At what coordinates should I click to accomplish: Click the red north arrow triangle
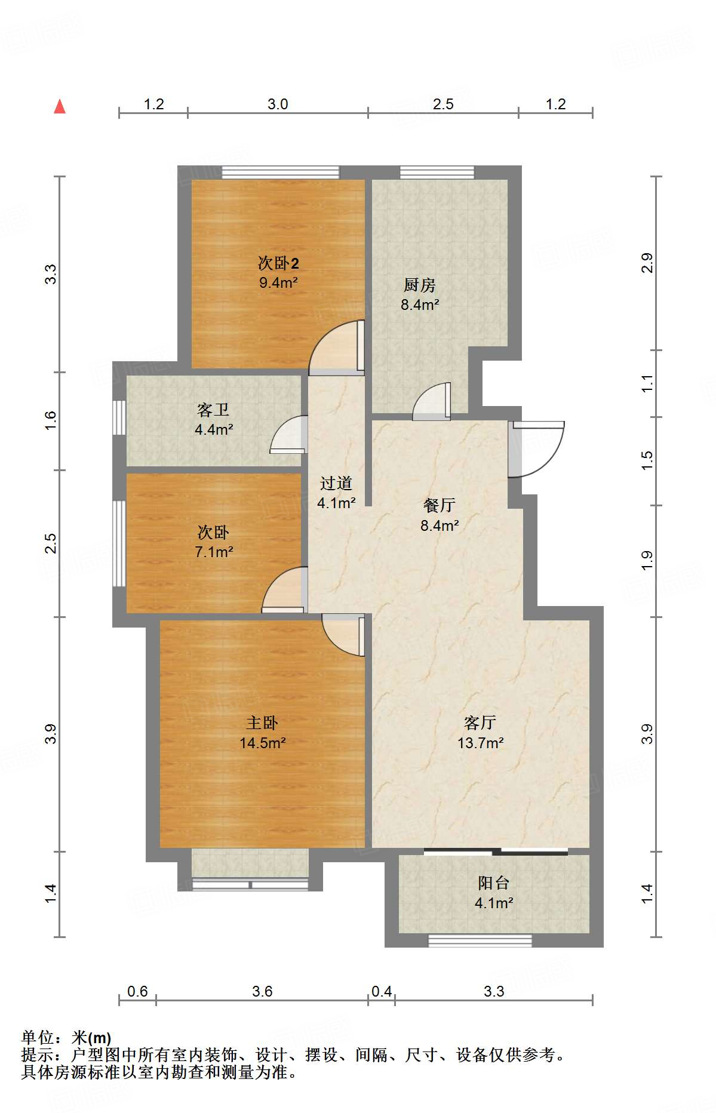pos(60,106)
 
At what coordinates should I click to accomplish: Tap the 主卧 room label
pos(262,723)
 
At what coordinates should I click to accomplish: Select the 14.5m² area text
pos(263,743)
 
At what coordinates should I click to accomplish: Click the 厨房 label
pos(419,285)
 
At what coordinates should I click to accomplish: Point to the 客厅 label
pos(480,723)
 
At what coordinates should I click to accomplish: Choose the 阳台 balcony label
pos(494,883)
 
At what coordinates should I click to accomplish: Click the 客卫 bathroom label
pos(213,410)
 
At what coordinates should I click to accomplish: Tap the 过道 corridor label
pos(336,483)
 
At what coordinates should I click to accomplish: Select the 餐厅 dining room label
pos(440,505)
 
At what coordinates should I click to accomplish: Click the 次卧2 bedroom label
pos(278,263)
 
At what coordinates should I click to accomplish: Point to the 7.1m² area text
pos(214,552)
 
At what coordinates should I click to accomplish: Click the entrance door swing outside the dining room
pos(536,449)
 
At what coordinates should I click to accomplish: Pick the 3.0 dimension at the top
pos(278,104)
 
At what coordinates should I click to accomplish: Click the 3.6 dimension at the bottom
pos(262,992)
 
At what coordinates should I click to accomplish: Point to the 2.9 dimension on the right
pos(647,263)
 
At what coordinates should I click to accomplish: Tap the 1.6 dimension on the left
pos(51,421)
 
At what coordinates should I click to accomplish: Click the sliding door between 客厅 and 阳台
pos(496,851)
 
